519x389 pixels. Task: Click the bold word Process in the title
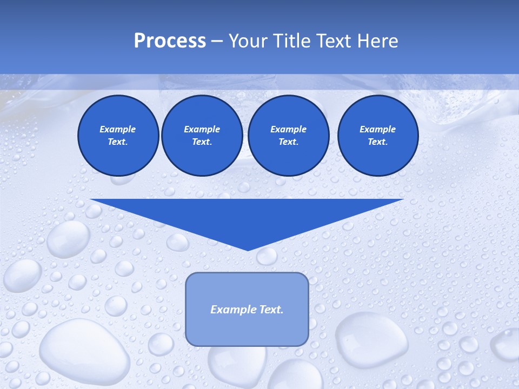pyautogui.click(x=170, y=41)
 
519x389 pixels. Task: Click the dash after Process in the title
pyautogui.click(x=217, y=42)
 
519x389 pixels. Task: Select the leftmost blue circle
pyautogui.click(x=118, y=136)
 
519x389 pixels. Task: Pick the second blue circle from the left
pyautogui.click(x=202, y=136)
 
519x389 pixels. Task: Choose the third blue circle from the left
pyautogui.click(x=288, y=136)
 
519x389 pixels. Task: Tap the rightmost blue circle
pyautogui.click(x=378, y=136)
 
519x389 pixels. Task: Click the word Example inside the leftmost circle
pyautogui.click(x=118, y=129)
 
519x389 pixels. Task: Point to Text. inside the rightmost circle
pyautogui.click(x=378, y=142)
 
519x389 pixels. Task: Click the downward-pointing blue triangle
pyautogui.click(x=247, y=216)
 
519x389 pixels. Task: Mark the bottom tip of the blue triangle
pyautogui.click(x=248, y=250)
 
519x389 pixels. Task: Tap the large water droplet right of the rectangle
pyautogui.click(x=371, y=339)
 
